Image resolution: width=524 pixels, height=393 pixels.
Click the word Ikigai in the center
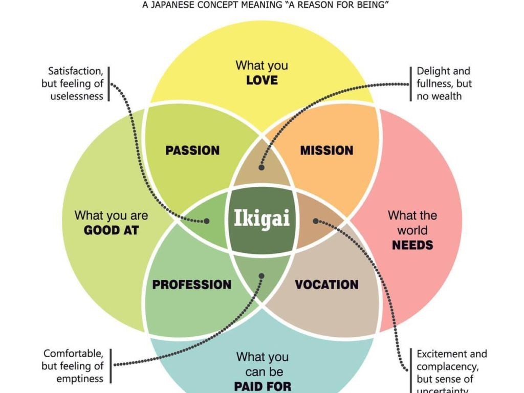[262, 219]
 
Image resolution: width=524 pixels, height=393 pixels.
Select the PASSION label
[192, 150]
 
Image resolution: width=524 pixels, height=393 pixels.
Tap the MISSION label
[326, 150]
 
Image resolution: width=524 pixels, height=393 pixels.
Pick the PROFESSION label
[192, 285]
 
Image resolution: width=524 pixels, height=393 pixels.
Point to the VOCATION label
[326, 285]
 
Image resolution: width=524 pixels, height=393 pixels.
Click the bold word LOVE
[262, 80]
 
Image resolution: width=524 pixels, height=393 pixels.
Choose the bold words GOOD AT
[111, 230]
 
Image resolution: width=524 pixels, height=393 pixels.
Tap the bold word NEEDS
[412, 245]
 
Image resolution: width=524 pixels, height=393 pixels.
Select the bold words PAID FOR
[262, 385]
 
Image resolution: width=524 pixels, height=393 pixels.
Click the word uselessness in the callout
[77, 96]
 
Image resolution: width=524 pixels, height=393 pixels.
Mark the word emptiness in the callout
[80, 379]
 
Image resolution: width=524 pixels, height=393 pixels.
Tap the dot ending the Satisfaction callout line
[207, 221]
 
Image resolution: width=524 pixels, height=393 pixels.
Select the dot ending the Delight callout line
[261, 167]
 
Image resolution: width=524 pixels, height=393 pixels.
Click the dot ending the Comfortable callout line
[261, 276]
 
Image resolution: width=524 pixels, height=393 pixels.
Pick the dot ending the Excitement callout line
[316, 221]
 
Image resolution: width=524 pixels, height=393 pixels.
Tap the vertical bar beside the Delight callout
[410, 84]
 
